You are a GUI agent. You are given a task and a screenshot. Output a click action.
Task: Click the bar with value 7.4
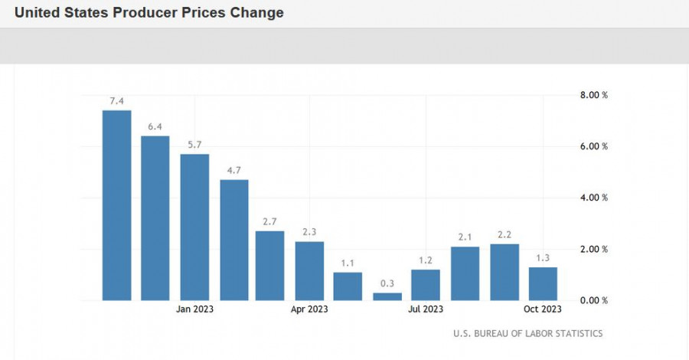[116, 205]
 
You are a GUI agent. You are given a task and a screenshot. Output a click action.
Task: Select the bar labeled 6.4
[155, 218]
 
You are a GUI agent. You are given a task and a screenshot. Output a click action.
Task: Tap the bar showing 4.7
[234, 240]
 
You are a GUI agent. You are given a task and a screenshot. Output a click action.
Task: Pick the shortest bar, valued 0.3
[387, 296]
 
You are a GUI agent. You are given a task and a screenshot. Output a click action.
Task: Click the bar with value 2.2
[505, 272]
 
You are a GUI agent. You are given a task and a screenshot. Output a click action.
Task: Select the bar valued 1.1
[348, 286]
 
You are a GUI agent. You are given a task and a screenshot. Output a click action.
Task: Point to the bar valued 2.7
[270, 266]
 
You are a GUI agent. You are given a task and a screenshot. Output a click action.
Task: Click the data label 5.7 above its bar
[194, 145]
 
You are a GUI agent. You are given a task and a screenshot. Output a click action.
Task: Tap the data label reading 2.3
[309, 232]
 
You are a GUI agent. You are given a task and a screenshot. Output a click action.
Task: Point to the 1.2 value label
[426, 260]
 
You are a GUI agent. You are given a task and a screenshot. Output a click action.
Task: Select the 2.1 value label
[465, 237]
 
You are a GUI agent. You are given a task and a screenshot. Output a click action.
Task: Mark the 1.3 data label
[543, 258]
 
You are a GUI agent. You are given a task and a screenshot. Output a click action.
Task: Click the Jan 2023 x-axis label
[194, 309]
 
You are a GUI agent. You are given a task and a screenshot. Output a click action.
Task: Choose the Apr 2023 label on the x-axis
[309, 309]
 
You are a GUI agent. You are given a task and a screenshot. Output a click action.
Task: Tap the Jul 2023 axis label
[426, 309]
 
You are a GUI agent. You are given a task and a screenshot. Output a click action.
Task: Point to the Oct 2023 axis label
[543, 309]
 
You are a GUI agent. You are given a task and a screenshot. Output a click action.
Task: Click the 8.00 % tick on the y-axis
[593, 96]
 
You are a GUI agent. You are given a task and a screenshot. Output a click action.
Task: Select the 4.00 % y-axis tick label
[593, 198]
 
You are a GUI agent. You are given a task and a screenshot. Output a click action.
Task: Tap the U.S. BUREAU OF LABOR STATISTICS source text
[527, 333]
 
